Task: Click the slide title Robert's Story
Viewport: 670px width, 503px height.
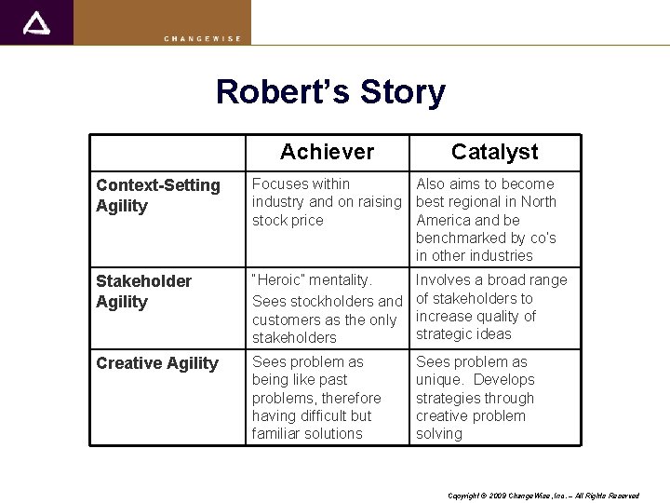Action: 330,92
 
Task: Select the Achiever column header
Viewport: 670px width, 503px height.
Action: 327,152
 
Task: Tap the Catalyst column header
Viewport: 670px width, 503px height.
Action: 494,152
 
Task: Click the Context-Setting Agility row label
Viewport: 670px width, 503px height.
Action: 158,196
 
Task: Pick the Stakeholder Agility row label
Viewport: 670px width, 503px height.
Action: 143,291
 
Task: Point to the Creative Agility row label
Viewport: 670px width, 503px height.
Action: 157,363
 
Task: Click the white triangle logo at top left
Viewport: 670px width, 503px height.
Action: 36,23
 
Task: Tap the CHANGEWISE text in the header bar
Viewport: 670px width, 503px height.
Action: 202,38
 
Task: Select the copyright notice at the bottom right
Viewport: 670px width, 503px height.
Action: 543,496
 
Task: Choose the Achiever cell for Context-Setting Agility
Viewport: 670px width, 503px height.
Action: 326,202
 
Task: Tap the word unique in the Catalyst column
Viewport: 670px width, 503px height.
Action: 439,380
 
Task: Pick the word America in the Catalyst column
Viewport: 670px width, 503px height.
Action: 445,220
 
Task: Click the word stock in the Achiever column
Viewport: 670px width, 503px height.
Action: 269,220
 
